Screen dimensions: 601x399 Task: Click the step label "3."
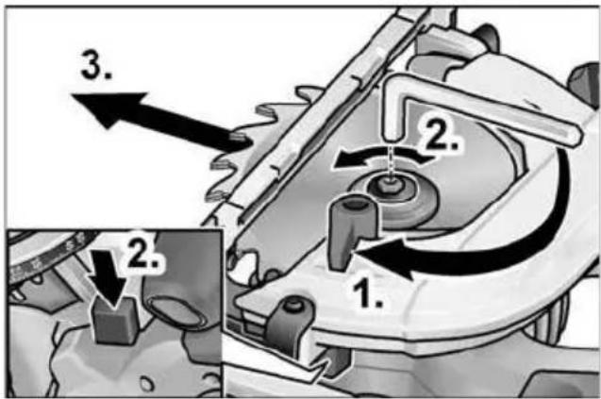pos(96,65)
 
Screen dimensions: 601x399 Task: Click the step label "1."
pos(367,292)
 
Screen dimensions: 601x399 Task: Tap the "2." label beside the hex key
pos(442,135)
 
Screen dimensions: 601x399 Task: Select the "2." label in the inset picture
pos(142,253)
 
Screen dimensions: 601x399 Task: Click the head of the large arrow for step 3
pos(108,108)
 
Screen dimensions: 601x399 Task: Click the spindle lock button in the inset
pos(114,321)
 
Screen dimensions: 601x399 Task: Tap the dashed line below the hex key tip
pos(391,161)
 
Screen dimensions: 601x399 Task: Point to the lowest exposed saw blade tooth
pos(218,196)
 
